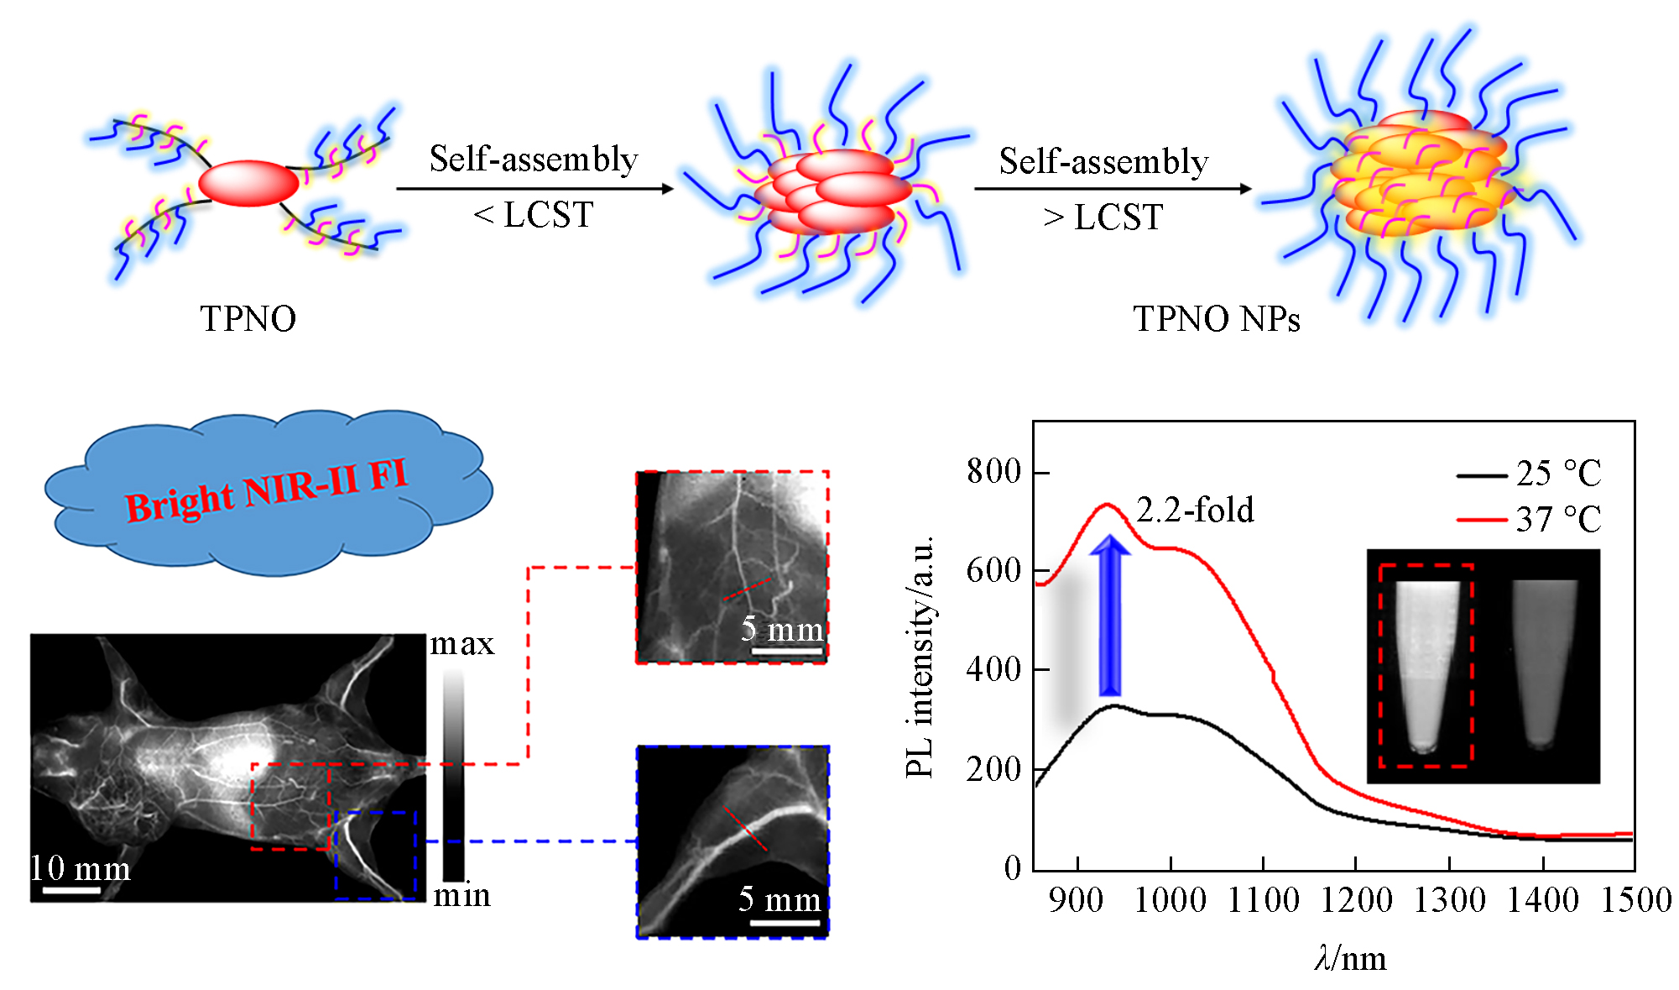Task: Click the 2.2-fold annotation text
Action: pyautogui.click(x=1195, y=511)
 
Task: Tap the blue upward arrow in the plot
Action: pyautogui.click(x=1110, y=617)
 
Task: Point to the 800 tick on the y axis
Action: pyautogui.click(x=993, y=472)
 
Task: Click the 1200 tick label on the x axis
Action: pyautogui.click(x=1356, y=901)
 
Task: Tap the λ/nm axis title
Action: pyautogui.click(x=1351, y=958)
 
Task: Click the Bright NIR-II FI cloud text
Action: pyautogui.click(x=267, y=490)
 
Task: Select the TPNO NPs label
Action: pyautogui.click(x=1217, y=319)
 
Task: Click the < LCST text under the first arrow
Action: pyautogui.click(x=534, y=216)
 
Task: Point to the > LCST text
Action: pyautogui.click(x=1103, y=217)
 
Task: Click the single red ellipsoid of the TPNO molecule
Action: pyautogui.click(x=248, y=183)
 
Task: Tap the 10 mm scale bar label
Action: pyautogui.click(x=81, y=868)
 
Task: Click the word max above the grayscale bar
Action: pyautogui.click(x=461, y=644)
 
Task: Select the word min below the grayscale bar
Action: pyautogui.click(x=461, y=896)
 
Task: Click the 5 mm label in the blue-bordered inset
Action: pyautogui.click(x=780, y=899)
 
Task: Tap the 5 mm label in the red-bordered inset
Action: pyautogui.click(x=782, y=629)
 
